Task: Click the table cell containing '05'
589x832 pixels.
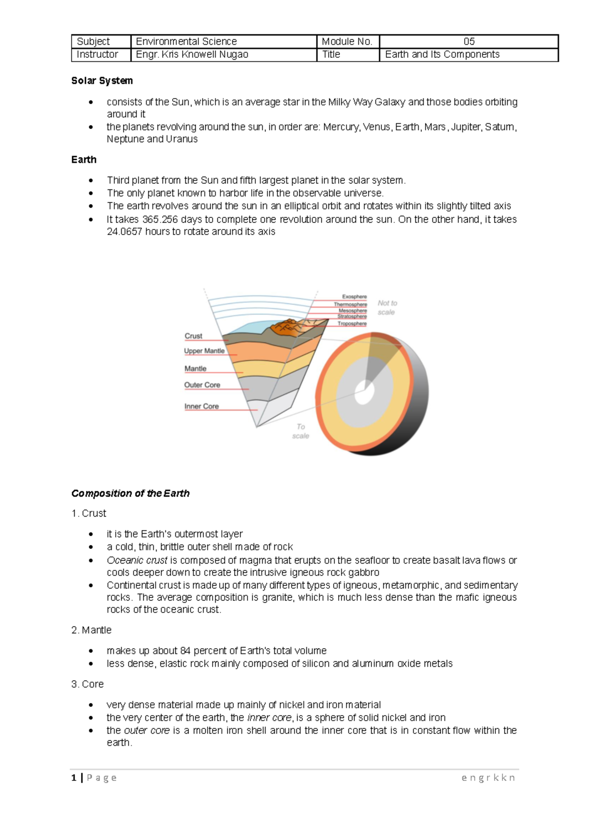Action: click(469, 42)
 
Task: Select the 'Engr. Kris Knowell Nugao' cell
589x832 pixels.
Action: click(192, 54)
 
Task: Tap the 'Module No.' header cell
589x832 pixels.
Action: click(347, 42)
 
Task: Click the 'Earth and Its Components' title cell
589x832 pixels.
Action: click(442, 54)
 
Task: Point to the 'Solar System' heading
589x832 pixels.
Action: click(102, 80)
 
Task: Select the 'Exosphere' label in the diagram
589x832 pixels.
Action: click(354, 297)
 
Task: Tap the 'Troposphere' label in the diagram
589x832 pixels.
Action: click(352, 323)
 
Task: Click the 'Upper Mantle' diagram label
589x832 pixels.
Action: click(204, 351)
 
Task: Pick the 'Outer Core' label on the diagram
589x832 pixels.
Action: click(202, 385)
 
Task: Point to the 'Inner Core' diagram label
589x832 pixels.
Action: click(201, 406)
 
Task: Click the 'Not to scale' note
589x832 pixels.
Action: click(387, 308)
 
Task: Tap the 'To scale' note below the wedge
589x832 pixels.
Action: click(300, 431)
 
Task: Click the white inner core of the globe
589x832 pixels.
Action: click(364, 392)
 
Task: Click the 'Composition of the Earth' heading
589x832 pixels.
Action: click(131, 493)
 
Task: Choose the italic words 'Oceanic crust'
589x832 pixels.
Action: click(137, 560)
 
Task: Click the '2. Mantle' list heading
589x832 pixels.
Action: click(91, 630)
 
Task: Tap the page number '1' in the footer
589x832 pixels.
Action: click(74, 778)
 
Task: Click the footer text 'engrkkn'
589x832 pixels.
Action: click(488, 778)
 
